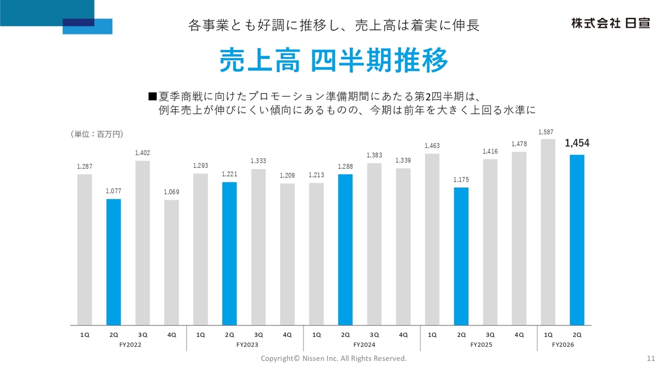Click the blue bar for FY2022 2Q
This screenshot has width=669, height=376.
click(113, 262)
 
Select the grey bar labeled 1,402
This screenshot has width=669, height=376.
click(143, 243)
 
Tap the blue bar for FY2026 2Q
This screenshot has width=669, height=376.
click(577, 240)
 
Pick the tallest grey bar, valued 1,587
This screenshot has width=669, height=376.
click(548, 232)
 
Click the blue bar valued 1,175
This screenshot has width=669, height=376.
click(461, 256)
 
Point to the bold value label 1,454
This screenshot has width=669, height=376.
click(577, 144)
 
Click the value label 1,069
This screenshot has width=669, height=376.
click(171, 192)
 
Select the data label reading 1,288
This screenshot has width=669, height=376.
click(345, 167)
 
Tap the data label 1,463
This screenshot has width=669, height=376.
click(432, 146)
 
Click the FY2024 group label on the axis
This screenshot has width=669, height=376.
click(363, 345)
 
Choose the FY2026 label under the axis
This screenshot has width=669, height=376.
click(563, 345)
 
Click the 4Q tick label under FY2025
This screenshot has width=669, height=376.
click(519, 335)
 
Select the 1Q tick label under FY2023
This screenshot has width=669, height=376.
click(200, 335)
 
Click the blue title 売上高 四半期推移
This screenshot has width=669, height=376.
click(334, 61)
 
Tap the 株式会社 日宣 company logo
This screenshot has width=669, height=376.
click(610, 23)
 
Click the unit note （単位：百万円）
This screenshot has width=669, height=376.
click(97, 134)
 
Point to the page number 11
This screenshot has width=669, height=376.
click(651, 359)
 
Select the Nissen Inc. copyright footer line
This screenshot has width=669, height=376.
click(333, 359)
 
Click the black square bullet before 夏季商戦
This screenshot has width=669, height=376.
click(153, 96)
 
